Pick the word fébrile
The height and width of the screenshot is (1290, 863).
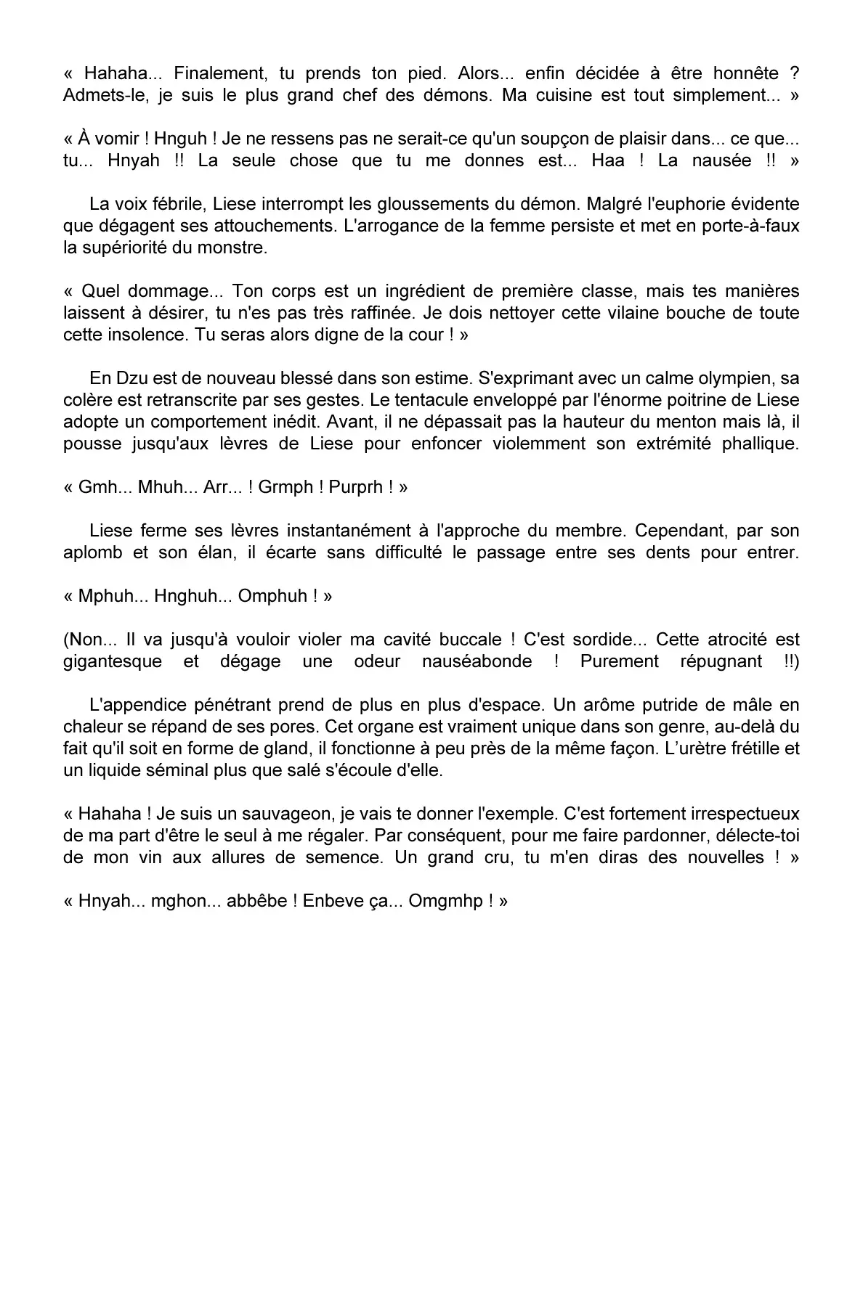tap(175, 204)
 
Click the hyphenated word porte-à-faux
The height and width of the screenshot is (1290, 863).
tap(750, 226)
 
